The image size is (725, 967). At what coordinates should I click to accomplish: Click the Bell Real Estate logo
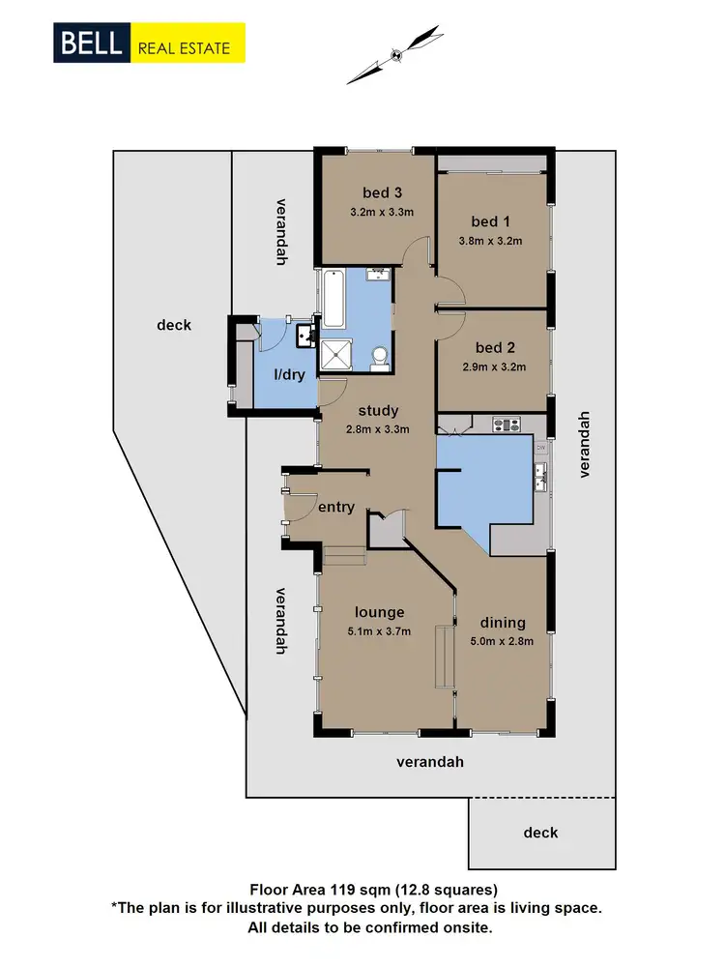coord(150,44)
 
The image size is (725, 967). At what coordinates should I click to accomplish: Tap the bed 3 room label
coord(382,191)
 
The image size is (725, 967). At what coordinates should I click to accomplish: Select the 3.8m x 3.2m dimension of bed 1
coord(490,242)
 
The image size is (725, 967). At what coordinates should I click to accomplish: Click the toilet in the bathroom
coord(380,358)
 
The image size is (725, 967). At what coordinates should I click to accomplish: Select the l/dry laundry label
coord(289,374)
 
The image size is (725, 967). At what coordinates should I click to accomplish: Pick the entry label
coord(336,507)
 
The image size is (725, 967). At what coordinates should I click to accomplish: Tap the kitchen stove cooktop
coord(507,424)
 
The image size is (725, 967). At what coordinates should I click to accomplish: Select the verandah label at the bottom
coord(430,762)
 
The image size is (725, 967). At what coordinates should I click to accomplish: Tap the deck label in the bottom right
coord(540,833)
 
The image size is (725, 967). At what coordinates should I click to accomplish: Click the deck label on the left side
coord(174,325)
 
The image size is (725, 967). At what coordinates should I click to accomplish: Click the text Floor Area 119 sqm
coord(319,888)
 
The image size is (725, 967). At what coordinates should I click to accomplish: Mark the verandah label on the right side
coord(583,444)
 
